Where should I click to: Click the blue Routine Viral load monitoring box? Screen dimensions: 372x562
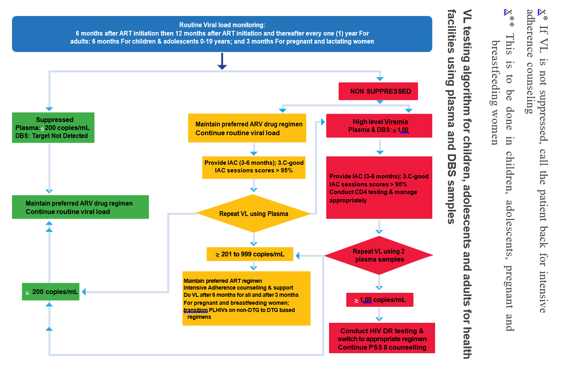[222, 34]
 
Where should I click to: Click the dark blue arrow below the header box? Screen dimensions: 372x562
[222, 62]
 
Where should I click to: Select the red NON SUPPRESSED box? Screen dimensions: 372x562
[378, 91]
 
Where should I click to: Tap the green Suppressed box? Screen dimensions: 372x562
[53, 128]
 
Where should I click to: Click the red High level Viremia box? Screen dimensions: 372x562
[379, 126]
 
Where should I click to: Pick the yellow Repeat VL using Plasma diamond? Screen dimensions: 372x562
[253, 214]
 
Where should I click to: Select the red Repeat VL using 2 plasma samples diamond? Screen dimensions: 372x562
[379, 255]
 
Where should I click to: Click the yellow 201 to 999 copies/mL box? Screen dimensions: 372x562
[250, 254]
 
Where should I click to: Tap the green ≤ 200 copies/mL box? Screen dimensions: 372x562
[51, 292]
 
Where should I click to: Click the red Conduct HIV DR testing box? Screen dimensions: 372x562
[382, 338]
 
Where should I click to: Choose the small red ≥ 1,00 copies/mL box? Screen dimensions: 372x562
[379, 300]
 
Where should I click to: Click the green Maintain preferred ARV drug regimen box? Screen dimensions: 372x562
[80, 207]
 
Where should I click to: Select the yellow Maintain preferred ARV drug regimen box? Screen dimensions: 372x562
[247, 128]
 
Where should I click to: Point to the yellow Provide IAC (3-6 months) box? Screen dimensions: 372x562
[254, 167]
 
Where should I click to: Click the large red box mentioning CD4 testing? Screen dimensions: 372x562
[379, 188]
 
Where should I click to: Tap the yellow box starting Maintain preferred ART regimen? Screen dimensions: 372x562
[246, 298]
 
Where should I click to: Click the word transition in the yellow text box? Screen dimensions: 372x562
[195, 310]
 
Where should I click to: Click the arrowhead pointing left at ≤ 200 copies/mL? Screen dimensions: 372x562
[84, 292]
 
